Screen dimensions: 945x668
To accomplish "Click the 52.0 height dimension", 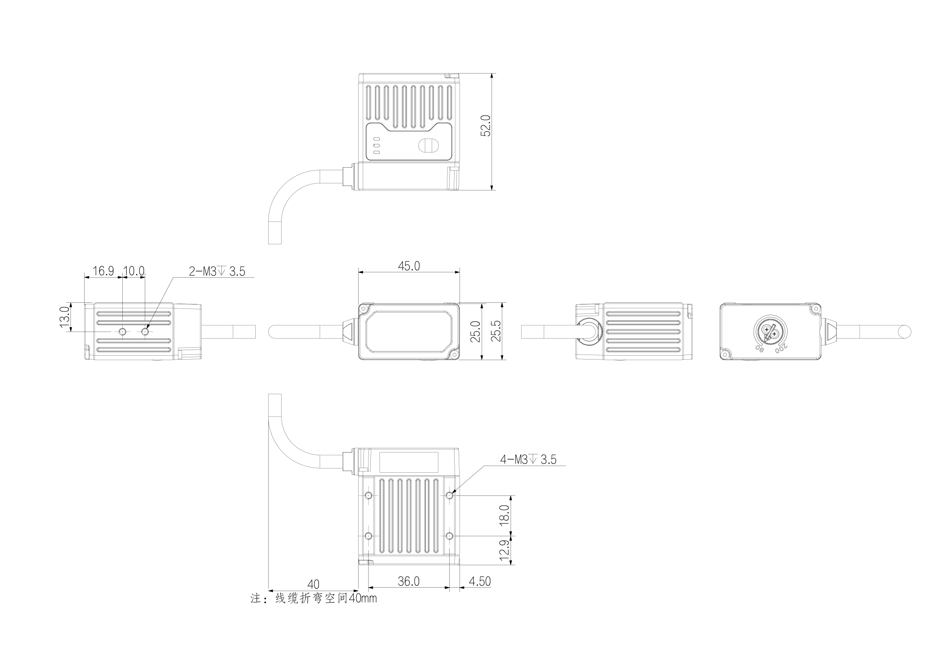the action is pos(486,125).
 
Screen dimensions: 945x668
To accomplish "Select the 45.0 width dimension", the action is pos(409,266).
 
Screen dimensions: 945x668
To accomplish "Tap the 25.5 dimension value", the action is pos(497,331).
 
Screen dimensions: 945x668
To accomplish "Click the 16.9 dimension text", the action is pos(103,271).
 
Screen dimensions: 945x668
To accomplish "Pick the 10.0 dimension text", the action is pos(134,271).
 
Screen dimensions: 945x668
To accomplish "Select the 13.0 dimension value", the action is pos(65,317).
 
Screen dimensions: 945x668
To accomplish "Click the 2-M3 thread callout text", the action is pos(217,272).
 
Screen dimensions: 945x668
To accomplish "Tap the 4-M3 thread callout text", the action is pos(528,459).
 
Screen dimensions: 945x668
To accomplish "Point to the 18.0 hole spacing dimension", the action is pos(504,515).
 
